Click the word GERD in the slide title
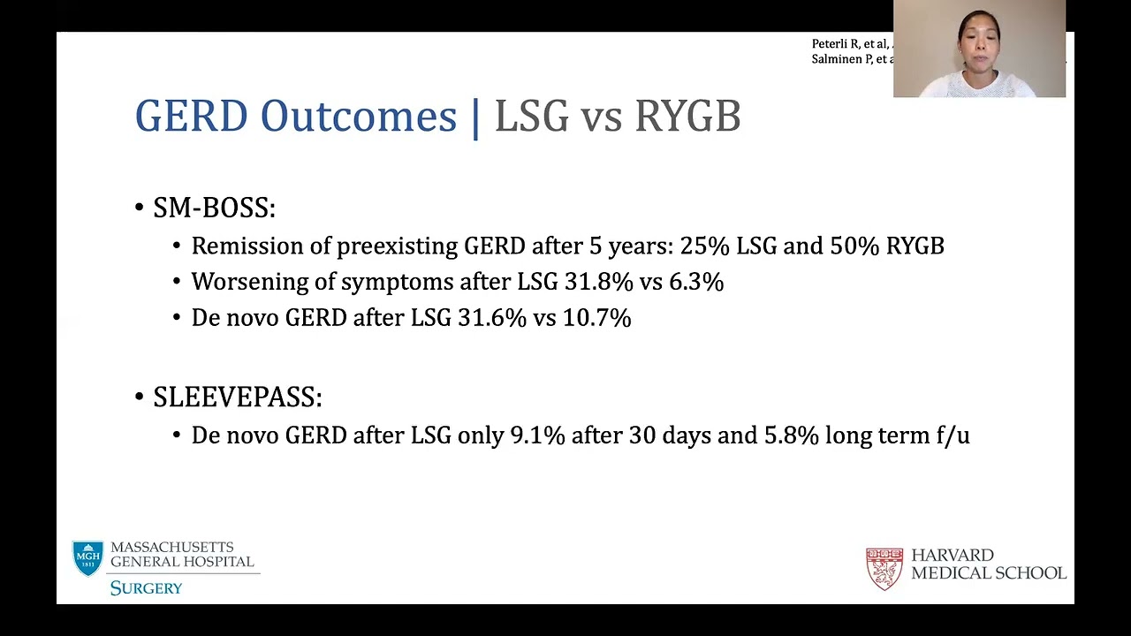click(191, 117)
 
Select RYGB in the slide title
click(687, 117)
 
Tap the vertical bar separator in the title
click(476, 117)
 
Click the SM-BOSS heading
click(214, 208)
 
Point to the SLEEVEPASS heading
click(237, 397)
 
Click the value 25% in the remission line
click(704, 246)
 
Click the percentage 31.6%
click(492, 318)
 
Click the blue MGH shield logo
click(87, 558)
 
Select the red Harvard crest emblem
click(884, 568)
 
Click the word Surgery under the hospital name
click(146, 588)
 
